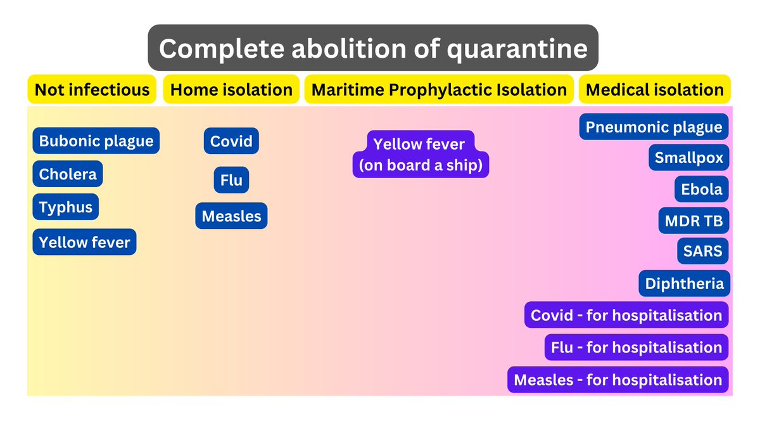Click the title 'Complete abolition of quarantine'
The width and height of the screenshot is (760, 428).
[x=373, y=48]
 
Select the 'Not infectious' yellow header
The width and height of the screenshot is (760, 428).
[x=92, y=89]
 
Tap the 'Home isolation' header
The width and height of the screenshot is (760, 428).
[x=231, y=89]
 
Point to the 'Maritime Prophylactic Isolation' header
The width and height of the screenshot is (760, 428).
[x=439, y=89]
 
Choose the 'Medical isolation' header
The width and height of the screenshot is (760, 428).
[x=654, y=89]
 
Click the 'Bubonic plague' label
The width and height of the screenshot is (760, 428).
[x=96, y=141]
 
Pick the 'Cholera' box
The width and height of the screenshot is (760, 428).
[x=68, y=174]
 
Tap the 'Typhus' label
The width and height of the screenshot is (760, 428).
[x=65, y=207]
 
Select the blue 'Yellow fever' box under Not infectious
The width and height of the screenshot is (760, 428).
[x=84, y=242]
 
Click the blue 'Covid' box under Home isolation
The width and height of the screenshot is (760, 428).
[x=231, y=141]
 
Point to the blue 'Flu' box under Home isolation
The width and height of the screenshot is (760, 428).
[x=231, y=179]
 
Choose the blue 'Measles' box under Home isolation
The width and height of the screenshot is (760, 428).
[x=231, y=216]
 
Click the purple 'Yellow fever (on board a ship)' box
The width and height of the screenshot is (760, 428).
[x=421, y=154]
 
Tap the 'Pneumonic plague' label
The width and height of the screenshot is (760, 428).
[x=654, y=127]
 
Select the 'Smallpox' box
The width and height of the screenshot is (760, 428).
[x=689, y=157]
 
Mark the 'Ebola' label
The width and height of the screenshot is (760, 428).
[x=701, y=189]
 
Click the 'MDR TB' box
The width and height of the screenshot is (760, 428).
[x=693, y=221]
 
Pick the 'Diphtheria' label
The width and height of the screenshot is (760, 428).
[x=685, y=283]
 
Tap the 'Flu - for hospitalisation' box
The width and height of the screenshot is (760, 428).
[x=636, y=347]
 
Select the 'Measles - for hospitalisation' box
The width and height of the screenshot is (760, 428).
[x=618, y=379]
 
